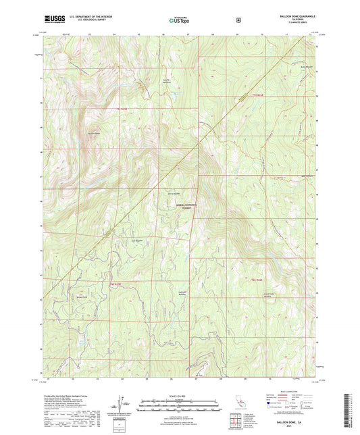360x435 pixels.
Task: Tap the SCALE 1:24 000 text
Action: tap(179, 395)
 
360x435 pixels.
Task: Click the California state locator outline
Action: tap(241, 405)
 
